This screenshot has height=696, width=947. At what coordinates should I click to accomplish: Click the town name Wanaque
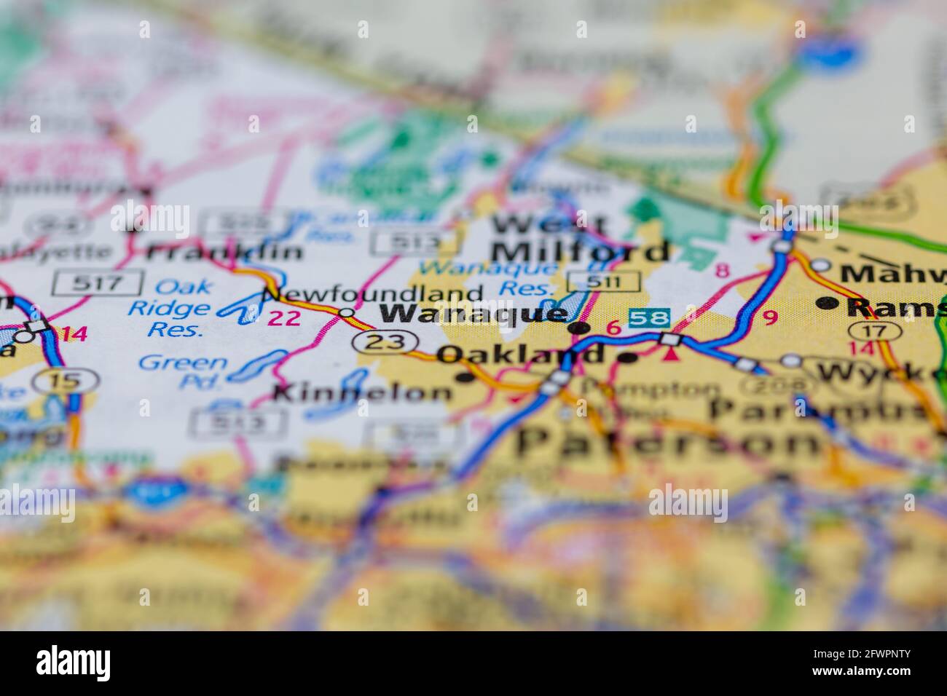coord(473,314)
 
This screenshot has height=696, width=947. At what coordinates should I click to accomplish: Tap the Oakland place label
coord(522,355)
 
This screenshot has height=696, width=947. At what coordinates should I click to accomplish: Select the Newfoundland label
coord(372,294)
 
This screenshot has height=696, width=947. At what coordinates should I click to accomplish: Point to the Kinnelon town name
coord(362,393)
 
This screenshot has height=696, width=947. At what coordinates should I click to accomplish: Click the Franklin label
coord(224,252)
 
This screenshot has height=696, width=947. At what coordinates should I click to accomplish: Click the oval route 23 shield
coord(385,341)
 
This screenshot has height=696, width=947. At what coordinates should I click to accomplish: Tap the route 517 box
coord(98,282)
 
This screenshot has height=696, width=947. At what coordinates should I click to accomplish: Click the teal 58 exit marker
coord(649,317)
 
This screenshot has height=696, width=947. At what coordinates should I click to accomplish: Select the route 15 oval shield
coord(68,379)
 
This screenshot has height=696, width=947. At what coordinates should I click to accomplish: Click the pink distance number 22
coord(284,317)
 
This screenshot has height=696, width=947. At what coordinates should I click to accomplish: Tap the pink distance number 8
coord(722,271)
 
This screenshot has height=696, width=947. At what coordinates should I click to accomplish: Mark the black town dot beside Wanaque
coord(578,328)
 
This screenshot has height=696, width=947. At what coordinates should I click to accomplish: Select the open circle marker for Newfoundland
coord(347,313)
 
